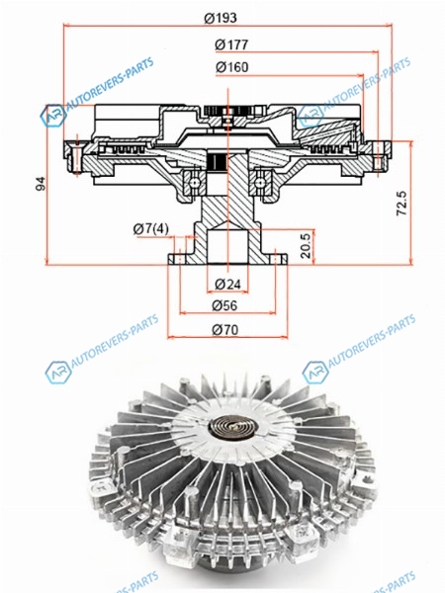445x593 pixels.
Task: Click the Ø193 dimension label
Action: click(x=221, y=18)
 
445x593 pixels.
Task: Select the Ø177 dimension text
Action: click(x=231, y=45)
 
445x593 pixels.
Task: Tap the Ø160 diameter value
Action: click(x=232, y=67)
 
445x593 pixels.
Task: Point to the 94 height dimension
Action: click(x=41, y=184)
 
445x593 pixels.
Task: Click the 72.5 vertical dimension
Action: click(x=401, y=203)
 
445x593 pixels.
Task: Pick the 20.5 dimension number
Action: click(x=306, y=246)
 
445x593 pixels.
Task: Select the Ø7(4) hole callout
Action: click(x=151, y=228)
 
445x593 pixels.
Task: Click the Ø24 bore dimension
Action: click(x=227, y=284)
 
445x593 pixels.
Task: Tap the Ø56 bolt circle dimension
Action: click(x=224, y=305)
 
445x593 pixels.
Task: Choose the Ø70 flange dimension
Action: click(x=225, y=330)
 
